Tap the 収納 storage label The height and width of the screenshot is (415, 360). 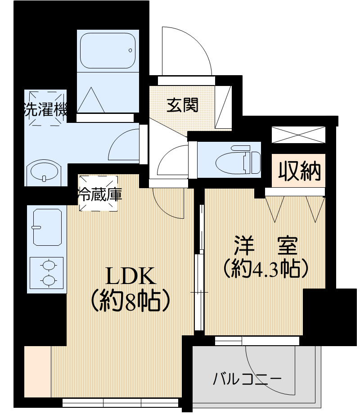299,171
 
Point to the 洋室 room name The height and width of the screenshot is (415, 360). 265,246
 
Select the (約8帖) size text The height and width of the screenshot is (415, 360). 130,300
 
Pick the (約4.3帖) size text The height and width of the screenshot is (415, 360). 265,269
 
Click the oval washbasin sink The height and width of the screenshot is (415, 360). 44,172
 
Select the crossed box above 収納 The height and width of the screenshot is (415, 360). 297,135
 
